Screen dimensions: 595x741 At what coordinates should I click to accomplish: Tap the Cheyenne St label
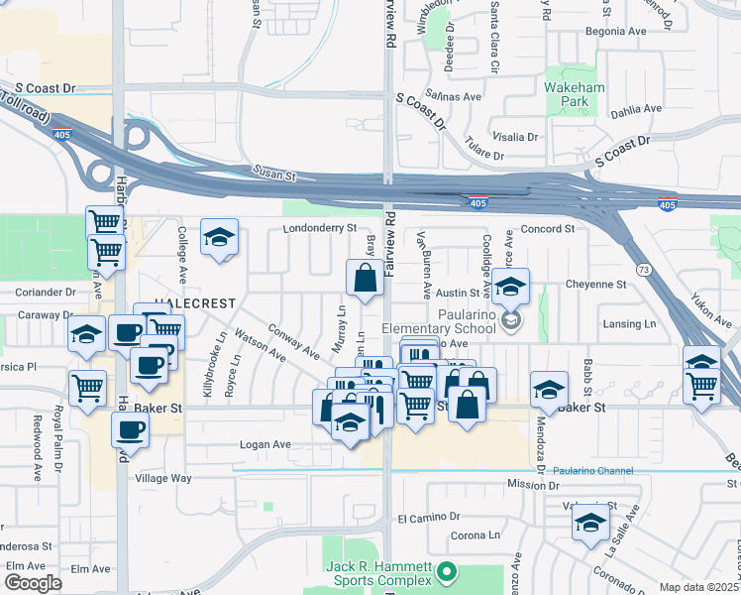(x=596, y=284)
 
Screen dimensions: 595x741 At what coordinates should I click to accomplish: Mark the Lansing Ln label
(x=630, y=324)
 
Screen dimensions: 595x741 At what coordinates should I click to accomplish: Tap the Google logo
(x=32, y=583)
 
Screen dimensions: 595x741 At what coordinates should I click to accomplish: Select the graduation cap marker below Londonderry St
(x=219, y=237)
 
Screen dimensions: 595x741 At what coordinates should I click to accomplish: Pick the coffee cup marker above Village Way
(x=130, y=429)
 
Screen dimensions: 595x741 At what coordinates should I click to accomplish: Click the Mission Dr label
(x=534, y=485)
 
